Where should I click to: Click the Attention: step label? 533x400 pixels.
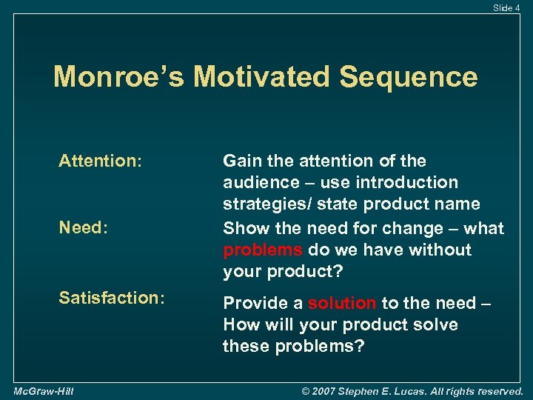tap(100, 161)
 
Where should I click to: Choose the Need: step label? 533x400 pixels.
tap(84, 228)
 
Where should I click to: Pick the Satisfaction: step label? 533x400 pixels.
tap(111, 297)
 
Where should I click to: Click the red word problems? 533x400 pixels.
tap(264, 250)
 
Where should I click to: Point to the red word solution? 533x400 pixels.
tap(342, 303)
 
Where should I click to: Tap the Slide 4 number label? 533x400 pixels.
tap(506, 7)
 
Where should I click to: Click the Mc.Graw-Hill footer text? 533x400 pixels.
tap(42, 390)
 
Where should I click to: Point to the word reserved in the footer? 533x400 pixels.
tap(497, 390)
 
